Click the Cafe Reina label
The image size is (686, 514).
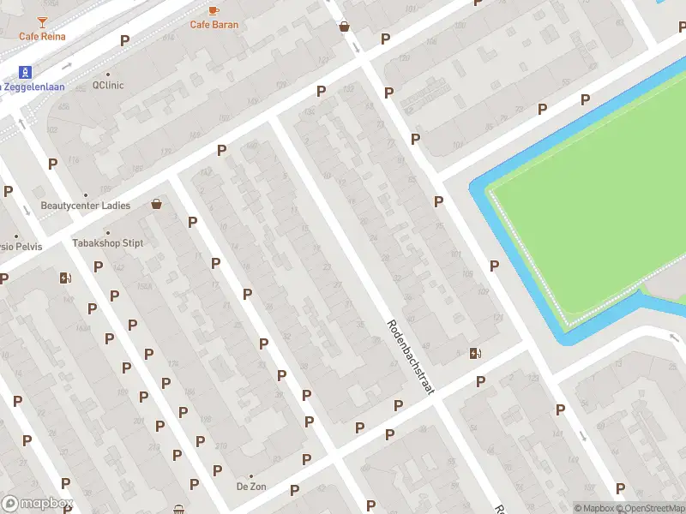(x=42, y=36)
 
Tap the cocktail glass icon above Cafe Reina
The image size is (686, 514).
(x=43, y=20)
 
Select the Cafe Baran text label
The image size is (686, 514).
(x=214, y=25)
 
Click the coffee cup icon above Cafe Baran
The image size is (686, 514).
(x=214, y=9)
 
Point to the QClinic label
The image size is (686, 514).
(x=109, y=86)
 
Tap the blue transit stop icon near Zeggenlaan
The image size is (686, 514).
(x=26, y=72)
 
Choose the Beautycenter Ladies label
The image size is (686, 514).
(x=86, y=206)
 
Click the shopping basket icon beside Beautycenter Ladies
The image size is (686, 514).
(x=156, y=204)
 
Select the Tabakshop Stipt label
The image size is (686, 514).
(x=108, y=243)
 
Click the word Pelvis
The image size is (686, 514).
(x=27, y=248)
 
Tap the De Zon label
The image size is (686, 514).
(x=251, y=487)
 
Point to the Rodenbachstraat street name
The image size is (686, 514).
(x=411, y=357)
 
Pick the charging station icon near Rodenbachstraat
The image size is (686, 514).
(x=475, y=353)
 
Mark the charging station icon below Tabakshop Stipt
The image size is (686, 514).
(x=64, y=278)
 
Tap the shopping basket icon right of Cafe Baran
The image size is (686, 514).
(x=344, y=27)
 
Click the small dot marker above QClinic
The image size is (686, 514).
(x=109, y=74)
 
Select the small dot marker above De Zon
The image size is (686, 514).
(x=251, y=475)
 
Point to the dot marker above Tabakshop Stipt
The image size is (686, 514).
(x=108, y=232)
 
